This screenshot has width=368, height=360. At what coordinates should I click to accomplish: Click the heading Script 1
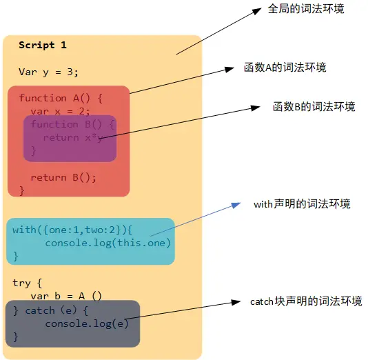tap(43, 46)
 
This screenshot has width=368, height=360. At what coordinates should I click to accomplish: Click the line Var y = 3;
tap(48, 72)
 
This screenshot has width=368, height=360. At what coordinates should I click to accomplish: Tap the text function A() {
tap(61, 98)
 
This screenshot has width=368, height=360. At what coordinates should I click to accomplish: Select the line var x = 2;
tap(61, 111)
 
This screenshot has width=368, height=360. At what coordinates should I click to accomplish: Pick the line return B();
tap(63, 177)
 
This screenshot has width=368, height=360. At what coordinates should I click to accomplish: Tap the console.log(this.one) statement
tap(108, 243)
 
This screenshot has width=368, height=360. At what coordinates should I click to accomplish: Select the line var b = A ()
tap(66, 296)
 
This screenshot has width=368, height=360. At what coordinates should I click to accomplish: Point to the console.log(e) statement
tap(87, 323)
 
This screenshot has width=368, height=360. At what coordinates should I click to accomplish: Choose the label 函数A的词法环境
tap(285, 68)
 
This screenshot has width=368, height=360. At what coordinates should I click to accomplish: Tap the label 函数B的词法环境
tap(314, 107)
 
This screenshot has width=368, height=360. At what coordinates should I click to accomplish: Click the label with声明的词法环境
tap(302, 204)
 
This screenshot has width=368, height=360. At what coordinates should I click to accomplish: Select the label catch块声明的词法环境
tap(306, 301)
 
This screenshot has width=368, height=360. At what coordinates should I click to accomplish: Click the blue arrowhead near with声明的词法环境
tap(236, 205)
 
